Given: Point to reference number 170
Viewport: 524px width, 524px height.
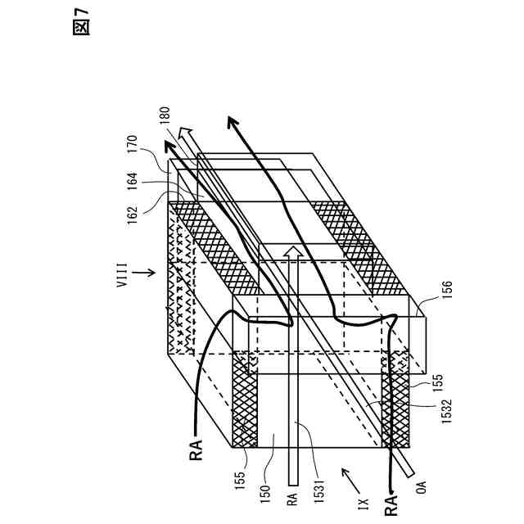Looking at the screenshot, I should pos(133,149).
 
